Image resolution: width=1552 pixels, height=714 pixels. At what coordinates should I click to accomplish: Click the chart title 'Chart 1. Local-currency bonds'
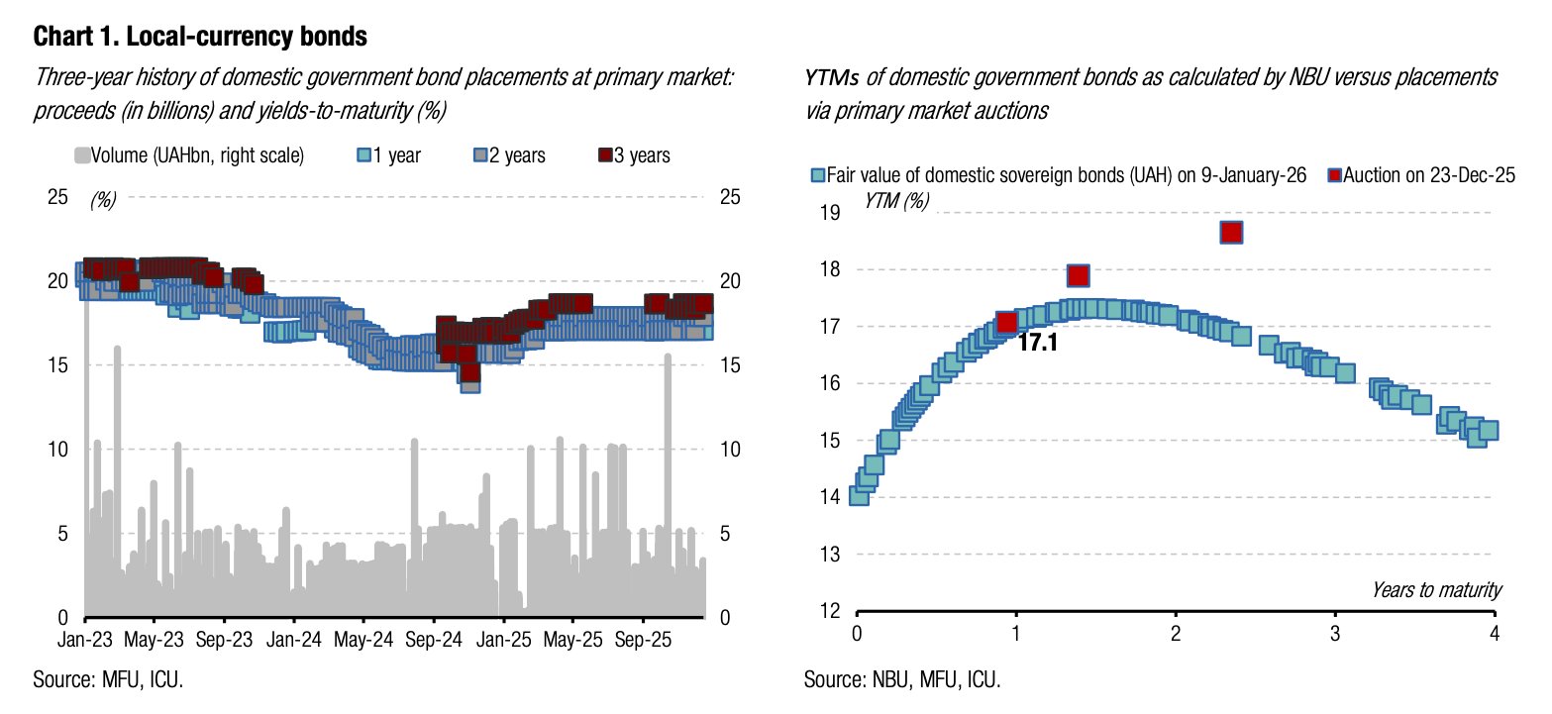point(200,38)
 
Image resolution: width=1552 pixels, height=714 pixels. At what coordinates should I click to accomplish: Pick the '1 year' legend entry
point(389,155)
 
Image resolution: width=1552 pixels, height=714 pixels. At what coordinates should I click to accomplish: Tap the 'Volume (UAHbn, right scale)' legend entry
point(189,155)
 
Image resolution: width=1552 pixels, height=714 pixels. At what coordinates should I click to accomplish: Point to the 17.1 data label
point(1037,344)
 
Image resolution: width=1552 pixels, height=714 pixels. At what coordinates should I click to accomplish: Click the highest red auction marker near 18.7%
point(1231,232)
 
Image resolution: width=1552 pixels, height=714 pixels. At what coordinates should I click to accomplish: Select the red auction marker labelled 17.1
point(1007,322)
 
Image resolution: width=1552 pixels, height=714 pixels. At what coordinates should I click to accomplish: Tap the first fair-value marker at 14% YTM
point(859,495)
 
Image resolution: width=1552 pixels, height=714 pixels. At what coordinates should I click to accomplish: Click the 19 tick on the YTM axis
point(831,213)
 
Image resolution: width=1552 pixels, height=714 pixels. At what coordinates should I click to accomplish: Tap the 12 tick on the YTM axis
point(831,610)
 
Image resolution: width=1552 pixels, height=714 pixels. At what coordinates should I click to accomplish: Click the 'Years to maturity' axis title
point(1436,590)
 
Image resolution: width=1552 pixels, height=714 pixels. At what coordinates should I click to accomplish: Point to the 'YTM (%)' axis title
point(896,200)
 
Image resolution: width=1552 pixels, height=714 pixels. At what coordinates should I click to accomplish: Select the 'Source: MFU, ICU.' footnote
point(109,679)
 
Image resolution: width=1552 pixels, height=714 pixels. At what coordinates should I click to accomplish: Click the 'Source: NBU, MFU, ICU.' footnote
point(902,679)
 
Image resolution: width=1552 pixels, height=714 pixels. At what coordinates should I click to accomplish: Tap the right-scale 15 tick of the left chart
point(730,365)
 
